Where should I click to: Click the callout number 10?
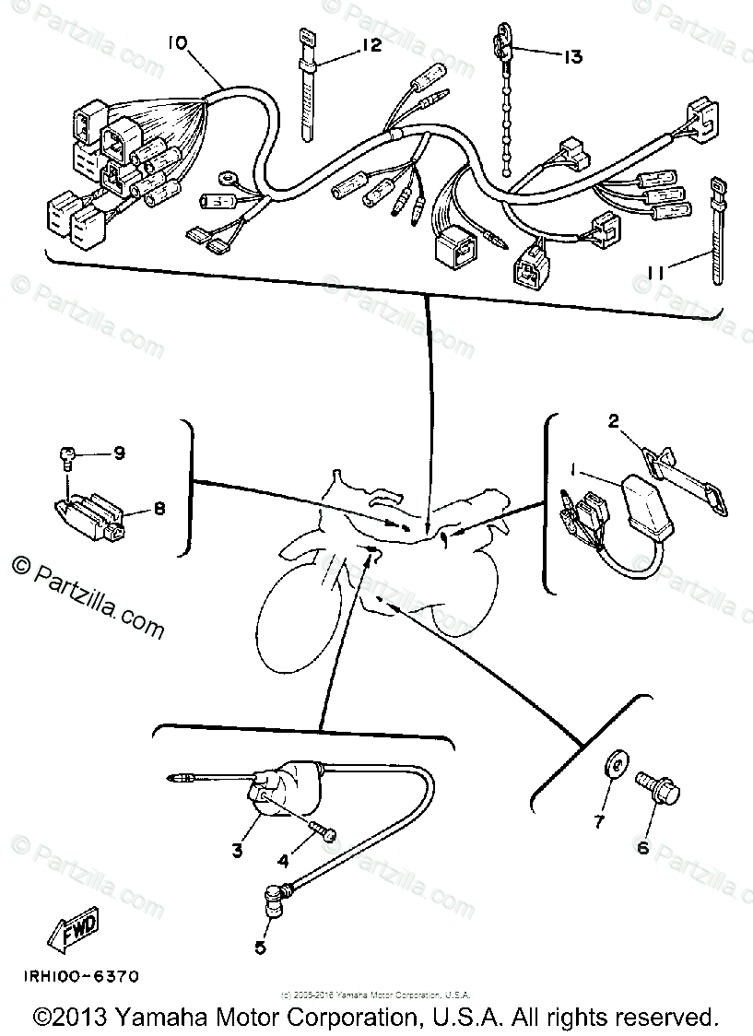pos(177,42)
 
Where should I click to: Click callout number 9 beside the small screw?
pos(119,453)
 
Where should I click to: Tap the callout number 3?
pos(237,851)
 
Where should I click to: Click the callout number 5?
pos(261,946)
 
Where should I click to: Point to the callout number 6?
pos(642,847)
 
